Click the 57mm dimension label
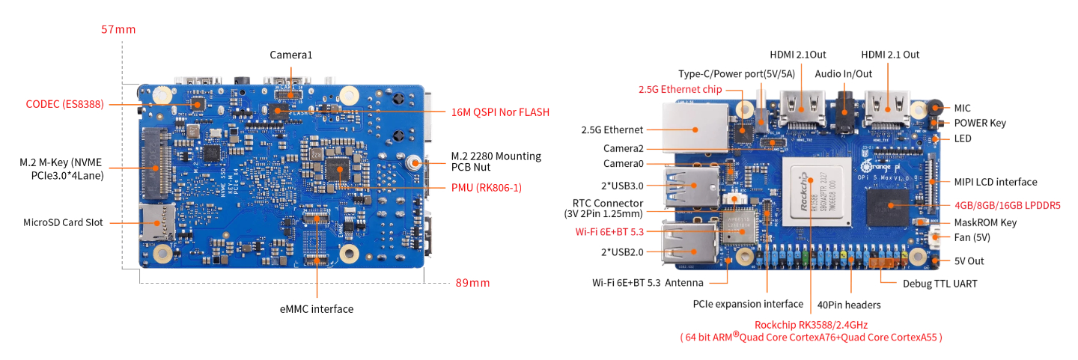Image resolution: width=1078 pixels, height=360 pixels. point(119,30)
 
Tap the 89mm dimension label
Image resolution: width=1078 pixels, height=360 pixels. point(473,283)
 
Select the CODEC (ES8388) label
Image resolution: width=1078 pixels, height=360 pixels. point(64,104)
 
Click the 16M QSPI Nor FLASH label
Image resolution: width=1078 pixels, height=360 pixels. point(500,112)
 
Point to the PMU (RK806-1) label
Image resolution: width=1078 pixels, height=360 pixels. point(486,187)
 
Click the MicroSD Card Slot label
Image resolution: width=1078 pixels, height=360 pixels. point(63,222)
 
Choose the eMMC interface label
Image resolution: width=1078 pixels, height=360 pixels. point(317,308)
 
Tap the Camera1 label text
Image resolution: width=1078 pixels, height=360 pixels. point(290,55)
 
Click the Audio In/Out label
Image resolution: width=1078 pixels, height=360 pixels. point(844,73)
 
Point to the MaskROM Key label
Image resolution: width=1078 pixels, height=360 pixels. point(984,222)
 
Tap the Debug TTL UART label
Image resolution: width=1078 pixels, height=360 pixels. point(940,284)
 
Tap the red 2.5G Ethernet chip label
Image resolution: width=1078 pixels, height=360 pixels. point(680,90)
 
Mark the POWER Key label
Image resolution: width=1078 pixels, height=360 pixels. point(980,123)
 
